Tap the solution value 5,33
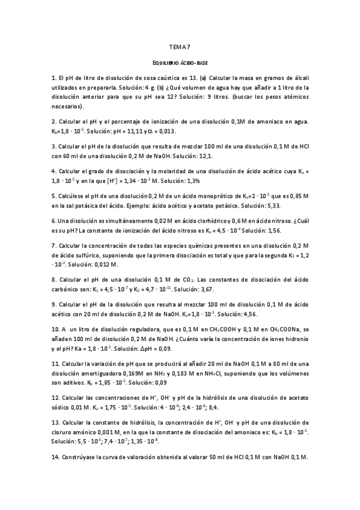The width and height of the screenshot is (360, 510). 267,204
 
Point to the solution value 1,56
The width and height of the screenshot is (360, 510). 278,230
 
